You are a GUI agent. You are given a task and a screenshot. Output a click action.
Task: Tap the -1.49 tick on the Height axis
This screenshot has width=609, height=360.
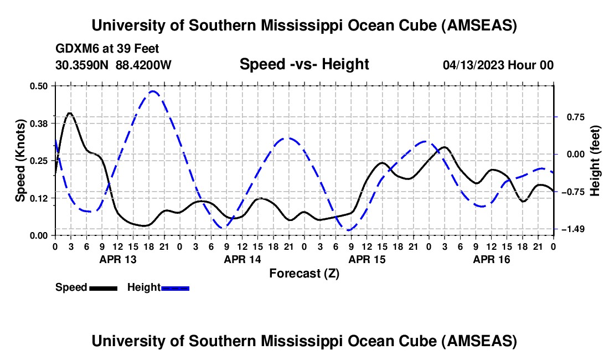570,229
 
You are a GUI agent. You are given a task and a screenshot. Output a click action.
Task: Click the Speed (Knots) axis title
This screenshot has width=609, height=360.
20,160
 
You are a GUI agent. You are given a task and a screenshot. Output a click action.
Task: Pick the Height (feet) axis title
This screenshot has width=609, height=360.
595,161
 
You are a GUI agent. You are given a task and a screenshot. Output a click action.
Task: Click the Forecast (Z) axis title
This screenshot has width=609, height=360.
304,273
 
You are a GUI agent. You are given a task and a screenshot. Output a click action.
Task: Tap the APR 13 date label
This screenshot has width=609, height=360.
118,259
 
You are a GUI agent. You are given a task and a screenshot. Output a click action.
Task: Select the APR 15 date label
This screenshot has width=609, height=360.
367,259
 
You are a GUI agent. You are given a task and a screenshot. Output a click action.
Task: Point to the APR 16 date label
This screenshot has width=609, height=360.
491,259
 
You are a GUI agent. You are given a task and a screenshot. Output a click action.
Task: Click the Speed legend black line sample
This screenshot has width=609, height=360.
102,288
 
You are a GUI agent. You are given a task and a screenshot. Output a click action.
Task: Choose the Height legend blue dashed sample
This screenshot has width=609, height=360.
175,288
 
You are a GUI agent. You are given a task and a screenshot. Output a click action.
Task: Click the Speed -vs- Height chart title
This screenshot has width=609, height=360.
304,64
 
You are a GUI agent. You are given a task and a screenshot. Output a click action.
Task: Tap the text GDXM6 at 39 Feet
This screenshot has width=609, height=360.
107,49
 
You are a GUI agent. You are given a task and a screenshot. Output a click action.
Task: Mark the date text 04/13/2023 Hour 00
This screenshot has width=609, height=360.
498,65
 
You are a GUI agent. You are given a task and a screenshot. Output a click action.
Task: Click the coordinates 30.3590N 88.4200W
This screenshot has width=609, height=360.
113,65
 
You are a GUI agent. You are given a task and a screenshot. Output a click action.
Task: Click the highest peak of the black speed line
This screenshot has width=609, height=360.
69,113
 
